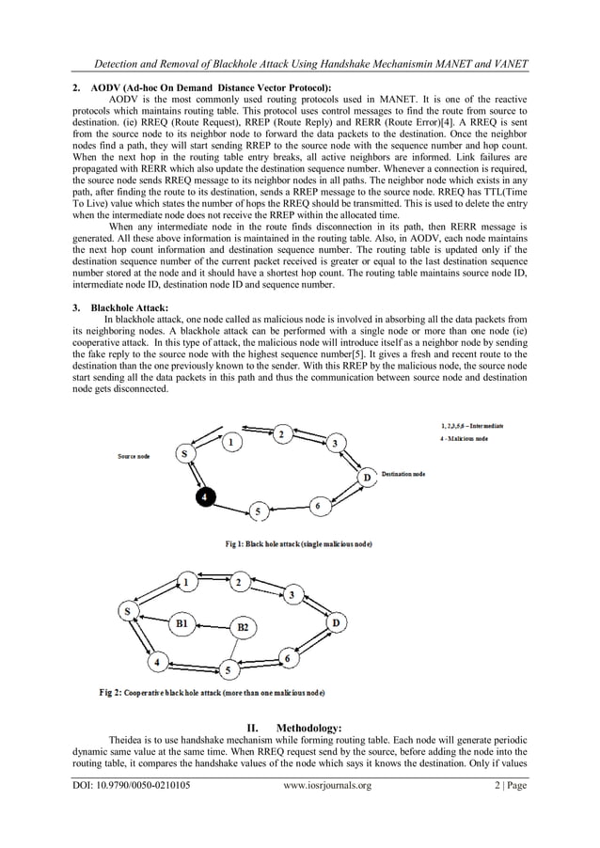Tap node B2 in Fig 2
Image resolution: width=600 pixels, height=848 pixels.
click(x=243, y=626)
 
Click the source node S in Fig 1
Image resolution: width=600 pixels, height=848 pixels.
click(x=186, y=454)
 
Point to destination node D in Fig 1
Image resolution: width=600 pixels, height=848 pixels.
click(x=367, y=478)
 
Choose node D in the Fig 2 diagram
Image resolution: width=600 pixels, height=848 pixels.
click(x=336, y=622)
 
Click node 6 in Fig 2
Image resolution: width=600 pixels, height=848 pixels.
click(x=289, y=659)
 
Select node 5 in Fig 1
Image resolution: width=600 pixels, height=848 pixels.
click(x=257, y=511)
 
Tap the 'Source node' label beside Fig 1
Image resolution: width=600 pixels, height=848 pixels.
click(x=134, y=457)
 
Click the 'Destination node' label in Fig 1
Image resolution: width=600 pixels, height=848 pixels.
click(x=403, y=475)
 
